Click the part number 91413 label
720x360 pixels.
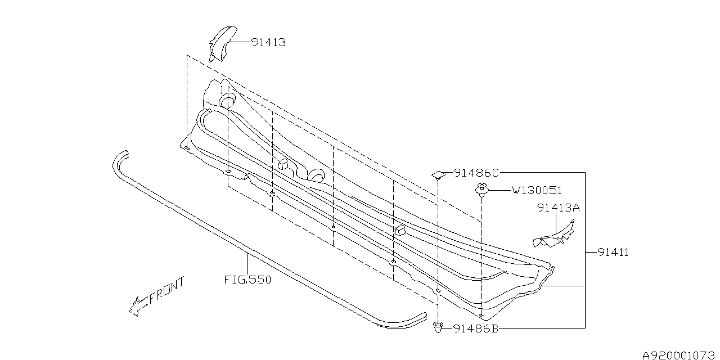(x=268, y=42)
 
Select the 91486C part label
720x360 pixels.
(x=476, y=173)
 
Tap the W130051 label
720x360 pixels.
(x=537, y=191)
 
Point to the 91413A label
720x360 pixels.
(x=559, y=208)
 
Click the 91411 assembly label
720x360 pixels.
(x=613, y=253)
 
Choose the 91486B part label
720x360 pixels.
(x=476, y=328)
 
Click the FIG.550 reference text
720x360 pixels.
(x=248, y=280)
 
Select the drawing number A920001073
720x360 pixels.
(x=681, y=355)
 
